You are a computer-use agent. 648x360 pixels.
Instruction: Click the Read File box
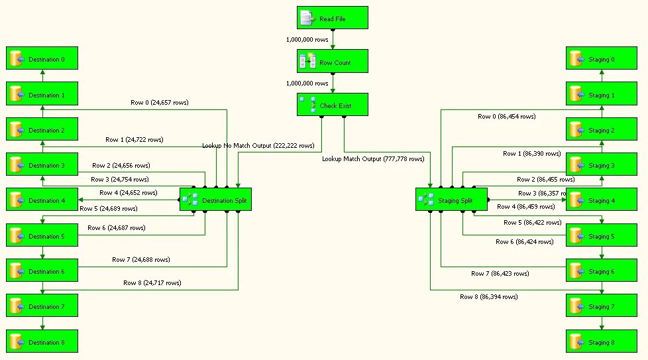coord(332,19)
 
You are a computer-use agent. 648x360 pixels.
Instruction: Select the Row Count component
coord(332,62)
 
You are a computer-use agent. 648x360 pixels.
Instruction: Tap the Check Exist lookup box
coord(332,105)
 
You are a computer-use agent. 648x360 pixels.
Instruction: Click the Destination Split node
coord(215,200)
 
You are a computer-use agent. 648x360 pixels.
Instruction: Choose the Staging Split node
coord(451,200)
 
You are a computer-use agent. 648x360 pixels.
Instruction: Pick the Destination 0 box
coord(42,59)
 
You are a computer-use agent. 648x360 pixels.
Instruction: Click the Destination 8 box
coord(42,342)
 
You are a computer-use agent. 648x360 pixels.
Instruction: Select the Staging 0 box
coord(601,59)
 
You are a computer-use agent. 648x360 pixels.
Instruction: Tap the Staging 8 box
coord(601,342)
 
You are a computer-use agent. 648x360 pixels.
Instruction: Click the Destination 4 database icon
coord(16,200)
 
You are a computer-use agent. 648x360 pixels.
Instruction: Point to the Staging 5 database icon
coord(576,236)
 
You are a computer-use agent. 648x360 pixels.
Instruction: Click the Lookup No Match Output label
coord(258,146)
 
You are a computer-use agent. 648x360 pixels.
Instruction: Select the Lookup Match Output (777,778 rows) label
coord(373,159)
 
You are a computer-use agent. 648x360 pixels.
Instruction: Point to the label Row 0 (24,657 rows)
coord(159,103)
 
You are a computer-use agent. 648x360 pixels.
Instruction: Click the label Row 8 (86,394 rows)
coord(488,297)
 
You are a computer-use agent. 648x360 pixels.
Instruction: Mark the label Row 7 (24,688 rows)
coord(140,260)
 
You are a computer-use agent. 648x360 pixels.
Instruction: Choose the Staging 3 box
coord(601,165)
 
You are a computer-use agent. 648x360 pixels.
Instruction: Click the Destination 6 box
coord(42,271)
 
